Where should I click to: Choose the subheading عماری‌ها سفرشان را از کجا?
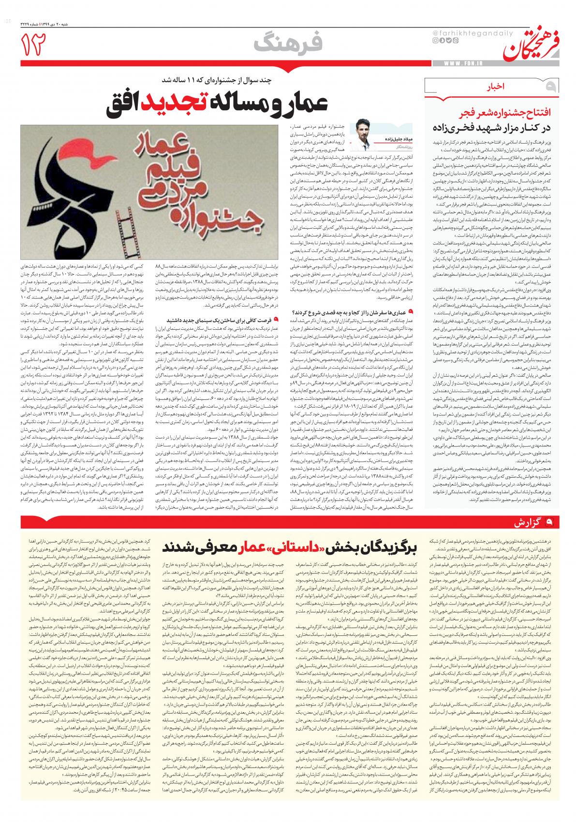pos(351,311)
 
